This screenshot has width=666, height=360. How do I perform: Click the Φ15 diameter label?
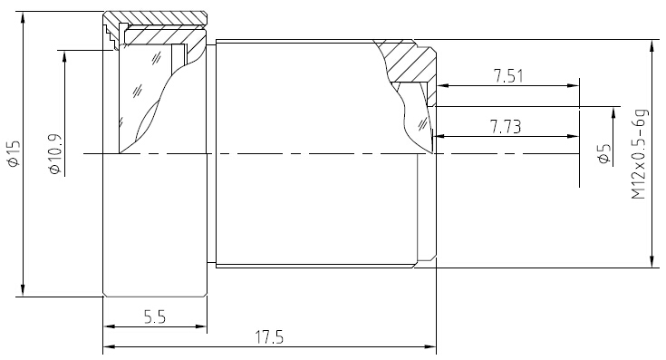pos(14,153)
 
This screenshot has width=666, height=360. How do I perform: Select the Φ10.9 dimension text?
pos(55,154)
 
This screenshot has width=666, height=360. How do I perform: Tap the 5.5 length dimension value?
pos(155,317)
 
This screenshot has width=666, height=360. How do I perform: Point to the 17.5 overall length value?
pos(269,337)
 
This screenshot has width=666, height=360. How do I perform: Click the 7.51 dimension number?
pos(508,76)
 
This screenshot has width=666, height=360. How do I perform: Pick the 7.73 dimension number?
pos(506,127)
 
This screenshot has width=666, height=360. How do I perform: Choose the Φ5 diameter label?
pos(604,154)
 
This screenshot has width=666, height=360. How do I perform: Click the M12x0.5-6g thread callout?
pos(639,154)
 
